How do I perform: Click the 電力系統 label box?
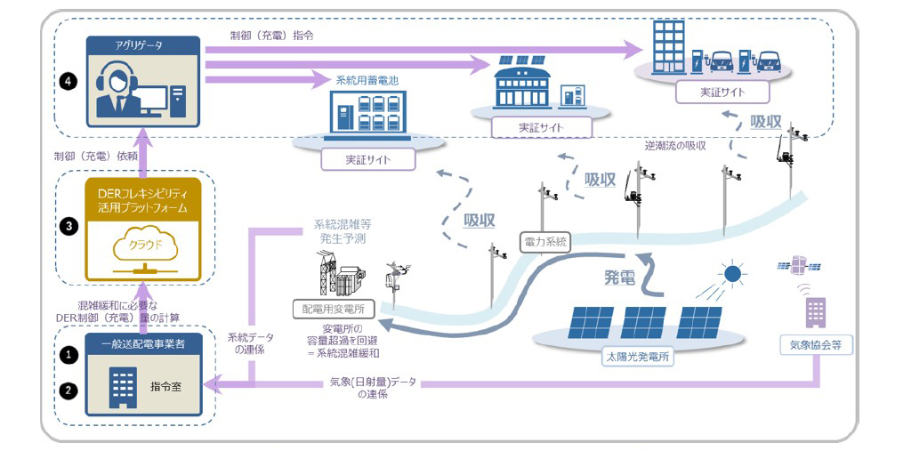point(544,243)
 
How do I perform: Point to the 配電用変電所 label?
point(333,309)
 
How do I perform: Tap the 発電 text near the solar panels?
point(619,278)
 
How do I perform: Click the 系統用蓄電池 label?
point(363,80)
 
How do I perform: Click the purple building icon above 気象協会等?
point(816,312)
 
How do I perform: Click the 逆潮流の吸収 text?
point(675,146)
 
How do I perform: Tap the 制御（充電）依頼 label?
point(91,156)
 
